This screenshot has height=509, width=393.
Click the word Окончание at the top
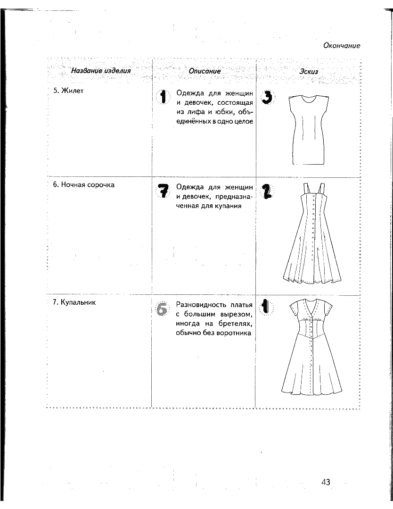pos(342,46)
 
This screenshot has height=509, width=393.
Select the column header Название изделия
pos(100,71)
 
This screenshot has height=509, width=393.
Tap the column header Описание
pos(205,71)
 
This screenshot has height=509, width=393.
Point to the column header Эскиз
pos(309,72)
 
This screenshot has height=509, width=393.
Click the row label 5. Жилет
pos(68,91)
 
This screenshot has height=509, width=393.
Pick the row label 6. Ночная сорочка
pos(84,184)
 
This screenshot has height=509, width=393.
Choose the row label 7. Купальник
pos(74,302)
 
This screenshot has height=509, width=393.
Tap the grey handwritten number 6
pos(162,309)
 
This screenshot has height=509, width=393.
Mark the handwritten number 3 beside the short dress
pos(267,98)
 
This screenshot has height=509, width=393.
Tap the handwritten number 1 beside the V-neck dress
pos(266,307)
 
